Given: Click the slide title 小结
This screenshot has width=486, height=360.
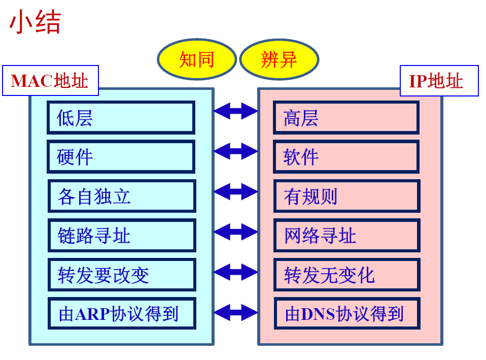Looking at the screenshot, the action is coord(35,21).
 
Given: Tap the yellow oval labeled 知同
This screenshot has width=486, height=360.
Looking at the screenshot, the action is coord(197,59).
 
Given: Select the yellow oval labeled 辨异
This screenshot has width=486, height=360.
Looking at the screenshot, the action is coord(279,59).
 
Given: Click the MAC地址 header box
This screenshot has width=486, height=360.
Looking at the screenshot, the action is coord(51,81).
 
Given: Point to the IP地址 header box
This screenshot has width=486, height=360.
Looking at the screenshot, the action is coord(439,81).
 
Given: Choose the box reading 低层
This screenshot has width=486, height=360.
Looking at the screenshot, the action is coord(121,118).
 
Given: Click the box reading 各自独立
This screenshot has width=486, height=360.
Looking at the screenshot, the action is coord(122,196).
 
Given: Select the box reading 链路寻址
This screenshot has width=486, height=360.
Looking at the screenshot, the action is coord(122,236).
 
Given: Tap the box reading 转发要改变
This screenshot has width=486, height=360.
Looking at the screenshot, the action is coord(122,275).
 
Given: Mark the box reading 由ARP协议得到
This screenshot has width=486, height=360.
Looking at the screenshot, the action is coord(122,313).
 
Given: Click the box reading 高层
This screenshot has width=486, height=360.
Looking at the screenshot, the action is coord(346,118).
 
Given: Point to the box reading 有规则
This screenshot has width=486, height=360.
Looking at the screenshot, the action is coord(347,196).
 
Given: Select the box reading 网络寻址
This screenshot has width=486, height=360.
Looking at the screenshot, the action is coord(347,236).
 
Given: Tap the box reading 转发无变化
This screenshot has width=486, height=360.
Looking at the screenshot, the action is coord(347,275).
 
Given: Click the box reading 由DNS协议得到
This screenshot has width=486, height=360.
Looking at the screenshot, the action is coord(347,313).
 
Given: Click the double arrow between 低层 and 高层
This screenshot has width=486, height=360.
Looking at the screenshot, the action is coord(236,111).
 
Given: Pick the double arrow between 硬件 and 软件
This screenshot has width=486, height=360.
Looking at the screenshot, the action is coord(236,151).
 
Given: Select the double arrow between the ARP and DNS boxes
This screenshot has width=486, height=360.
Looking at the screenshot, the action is coord(236,312).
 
